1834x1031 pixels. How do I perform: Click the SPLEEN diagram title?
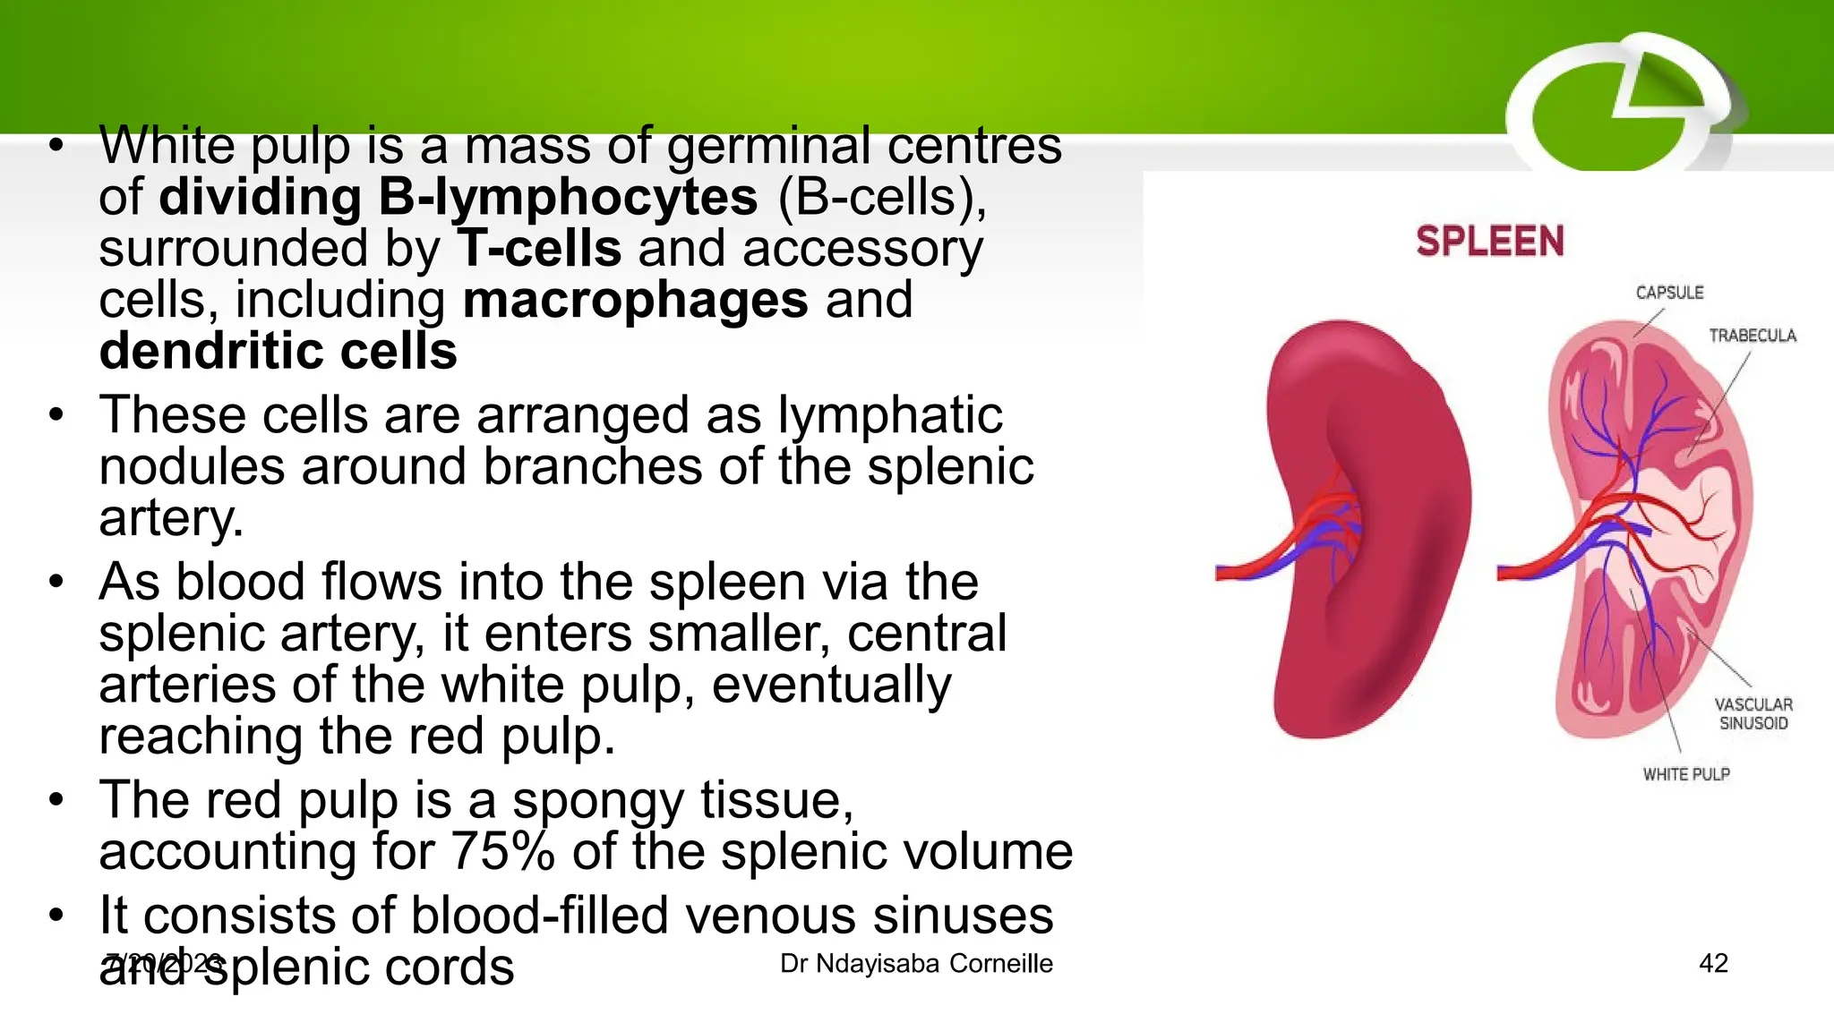(1489, 242)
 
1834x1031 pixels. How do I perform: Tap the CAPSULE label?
(1669, 293)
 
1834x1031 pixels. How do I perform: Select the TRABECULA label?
(1752, 336)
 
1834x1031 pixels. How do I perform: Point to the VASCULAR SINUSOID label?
(1753, 714)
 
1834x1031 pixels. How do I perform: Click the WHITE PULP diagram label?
(1685, 774)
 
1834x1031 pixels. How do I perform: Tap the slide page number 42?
(1713, 963)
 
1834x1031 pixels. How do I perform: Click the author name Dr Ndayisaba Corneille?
(916, 964)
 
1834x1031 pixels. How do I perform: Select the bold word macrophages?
(635, 300)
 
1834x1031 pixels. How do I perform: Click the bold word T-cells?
(539, 248)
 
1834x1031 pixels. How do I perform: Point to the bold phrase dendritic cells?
(278, 351)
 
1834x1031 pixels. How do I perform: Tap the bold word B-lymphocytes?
(568, 197)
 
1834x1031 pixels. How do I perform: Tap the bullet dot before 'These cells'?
(56, 415)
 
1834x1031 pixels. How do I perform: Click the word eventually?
(831, 685)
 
